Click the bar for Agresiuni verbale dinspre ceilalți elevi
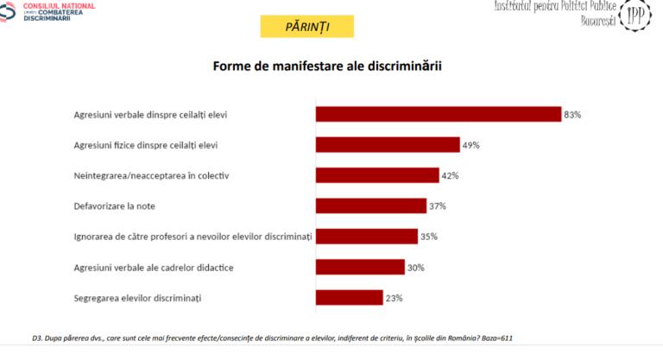click(439, 114)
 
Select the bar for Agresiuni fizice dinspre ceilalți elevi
click(388, 144)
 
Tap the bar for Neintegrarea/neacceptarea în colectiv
click(377, 175)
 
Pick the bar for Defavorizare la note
click(371, 205)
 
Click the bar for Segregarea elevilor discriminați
click(349, 298)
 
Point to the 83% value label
click(572, 114)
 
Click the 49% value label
click(470, 145)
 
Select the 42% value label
click(450, 175)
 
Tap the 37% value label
click(438, 205)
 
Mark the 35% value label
click(429, 237)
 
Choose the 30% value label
click(415, 268)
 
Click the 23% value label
click(394, 298)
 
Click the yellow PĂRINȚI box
click(306, 27)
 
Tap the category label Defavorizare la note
click(117, 205)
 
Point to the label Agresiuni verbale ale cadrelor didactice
click(154, 268)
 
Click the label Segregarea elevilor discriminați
click(137, 298)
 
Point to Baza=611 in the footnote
click(502, 338)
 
